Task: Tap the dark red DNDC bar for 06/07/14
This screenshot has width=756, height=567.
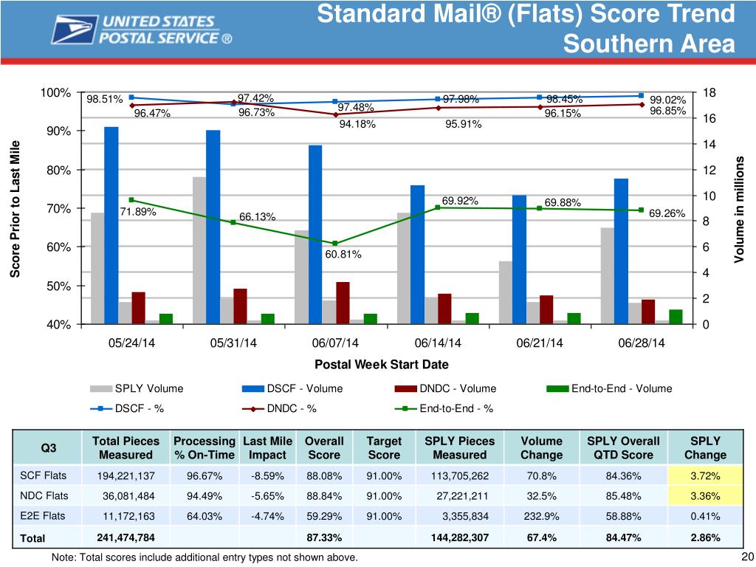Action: click(x=343, y=303)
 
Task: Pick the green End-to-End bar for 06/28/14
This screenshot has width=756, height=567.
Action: click(x=676, y=316)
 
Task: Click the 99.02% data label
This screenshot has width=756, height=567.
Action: click(x=670, y=100)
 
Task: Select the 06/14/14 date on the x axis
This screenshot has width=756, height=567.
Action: click(x=438, y=343)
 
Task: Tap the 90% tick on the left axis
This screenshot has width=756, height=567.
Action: click(x=56, y=131)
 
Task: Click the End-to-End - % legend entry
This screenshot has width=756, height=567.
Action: click(x=456, y=408)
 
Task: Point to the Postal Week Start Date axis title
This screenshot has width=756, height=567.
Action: click(x=382, y=365)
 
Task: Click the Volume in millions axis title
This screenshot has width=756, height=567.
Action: click(x=741, y=209)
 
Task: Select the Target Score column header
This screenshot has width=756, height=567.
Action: click(x=384, y=447)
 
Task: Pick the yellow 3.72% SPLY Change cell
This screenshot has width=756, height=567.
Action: click(x=705, y=475)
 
